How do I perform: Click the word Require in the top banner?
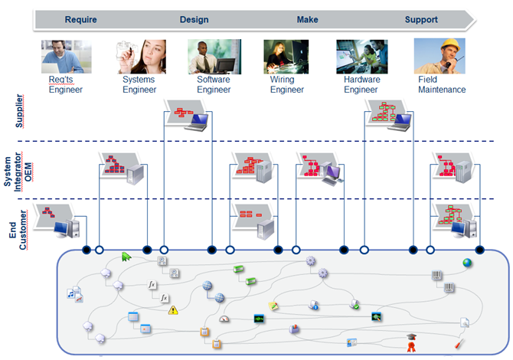80,20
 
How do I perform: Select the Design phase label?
194,20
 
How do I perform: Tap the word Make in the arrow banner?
307,20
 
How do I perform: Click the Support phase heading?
421,20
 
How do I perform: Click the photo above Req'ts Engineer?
66,56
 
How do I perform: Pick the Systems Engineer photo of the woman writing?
140,56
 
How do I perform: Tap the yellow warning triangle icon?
173,310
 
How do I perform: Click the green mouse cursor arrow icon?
126,257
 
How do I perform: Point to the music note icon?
73,293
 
